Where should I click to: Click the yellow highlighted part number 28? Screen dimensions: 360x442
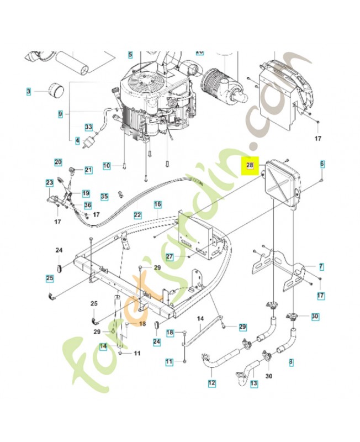click(x=250, y=165)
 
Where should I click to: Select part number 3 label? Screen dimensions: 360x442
click(x=29, y=92)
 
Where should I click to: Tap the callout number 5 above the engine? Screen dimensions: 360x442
click(x=130, y=55)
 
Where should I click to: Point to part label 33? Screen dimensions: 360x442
click(x=89, y=127)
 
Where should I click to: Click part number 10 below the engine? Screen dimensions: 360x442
click(x=107, y=165)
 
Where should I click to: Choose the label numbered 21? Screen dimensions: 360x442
click(x=88, y=170)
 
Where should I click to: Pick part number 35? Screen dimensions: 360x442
click(x=104, y=197)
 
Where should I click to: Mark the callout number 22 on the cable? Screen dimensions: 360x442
click(x=137, y=215)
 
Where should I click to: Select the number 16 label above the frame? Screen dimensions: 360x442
click(x=158, y=204)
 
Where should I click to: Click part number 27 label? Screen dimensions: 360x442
click(x=170, y=257)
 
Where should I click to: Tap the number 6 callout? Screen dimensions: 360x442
click(x=322, y=164)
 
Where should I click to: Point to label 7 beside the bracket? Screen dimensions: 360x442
click(x=321, y=266)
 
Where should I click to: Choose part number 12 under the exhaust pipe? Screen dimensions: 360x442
click(x=211, y=383)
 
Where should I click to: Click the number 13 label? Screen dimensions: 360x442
click(x=254, y=383)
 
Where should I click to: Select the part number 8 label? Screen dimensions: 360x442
click(x=292, y=362)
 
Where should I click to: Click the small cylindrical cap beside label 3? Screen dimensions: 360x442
click(x=56, y=90)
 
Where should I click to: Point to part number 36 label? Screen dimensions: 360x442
click(x=88, y=205)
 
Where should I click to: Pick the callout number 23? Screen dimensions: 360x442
click(x=50, y=183)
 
